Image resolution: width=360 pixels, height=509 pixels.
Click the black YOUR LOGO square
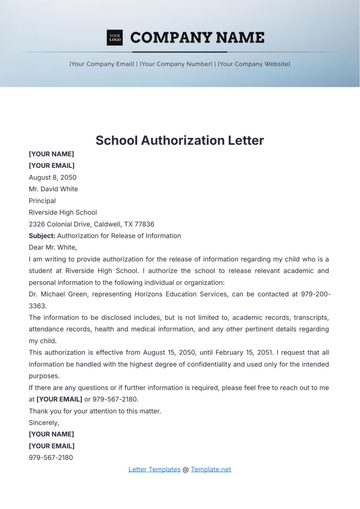click(115, 38)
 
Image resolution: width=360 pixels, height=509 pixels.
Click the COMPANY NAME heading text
click(197, 38)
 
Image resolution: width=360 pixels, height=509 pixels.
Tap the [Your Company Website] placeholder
click(254, 64)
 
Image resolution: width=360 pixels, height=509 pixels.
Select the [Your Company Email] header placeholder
click(102, 64)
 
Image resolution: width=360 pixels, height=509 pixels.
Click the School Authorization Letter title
click(180, 141)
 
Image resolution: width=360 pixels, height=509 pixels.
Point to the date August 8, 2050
click(52, 177)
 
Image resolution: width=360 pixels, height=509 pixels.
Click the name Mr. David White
click(53, 189)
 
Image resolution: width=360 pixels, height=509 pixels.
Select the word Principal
click(42, 201)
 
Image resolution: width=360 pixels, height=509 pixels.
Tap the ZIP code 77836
click(144, 224)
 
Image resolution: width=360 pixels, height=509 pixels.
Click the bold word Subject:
click(42, 236)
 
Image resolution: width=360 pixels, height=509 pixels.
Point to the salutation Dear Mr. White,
click(53, 248)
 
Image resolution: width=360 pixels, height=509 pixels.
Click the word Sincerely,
click(44, 423)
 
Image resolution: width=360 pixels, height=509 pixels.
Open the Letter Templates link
click(154, 470)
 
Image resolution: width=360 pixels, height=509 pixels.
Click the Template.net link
click(211, 470)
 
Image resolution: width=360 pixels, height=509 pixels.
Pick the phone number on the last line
click(51, 458)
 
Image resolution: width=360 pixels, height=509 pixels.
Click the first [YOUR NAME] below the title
click(51, 154)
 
